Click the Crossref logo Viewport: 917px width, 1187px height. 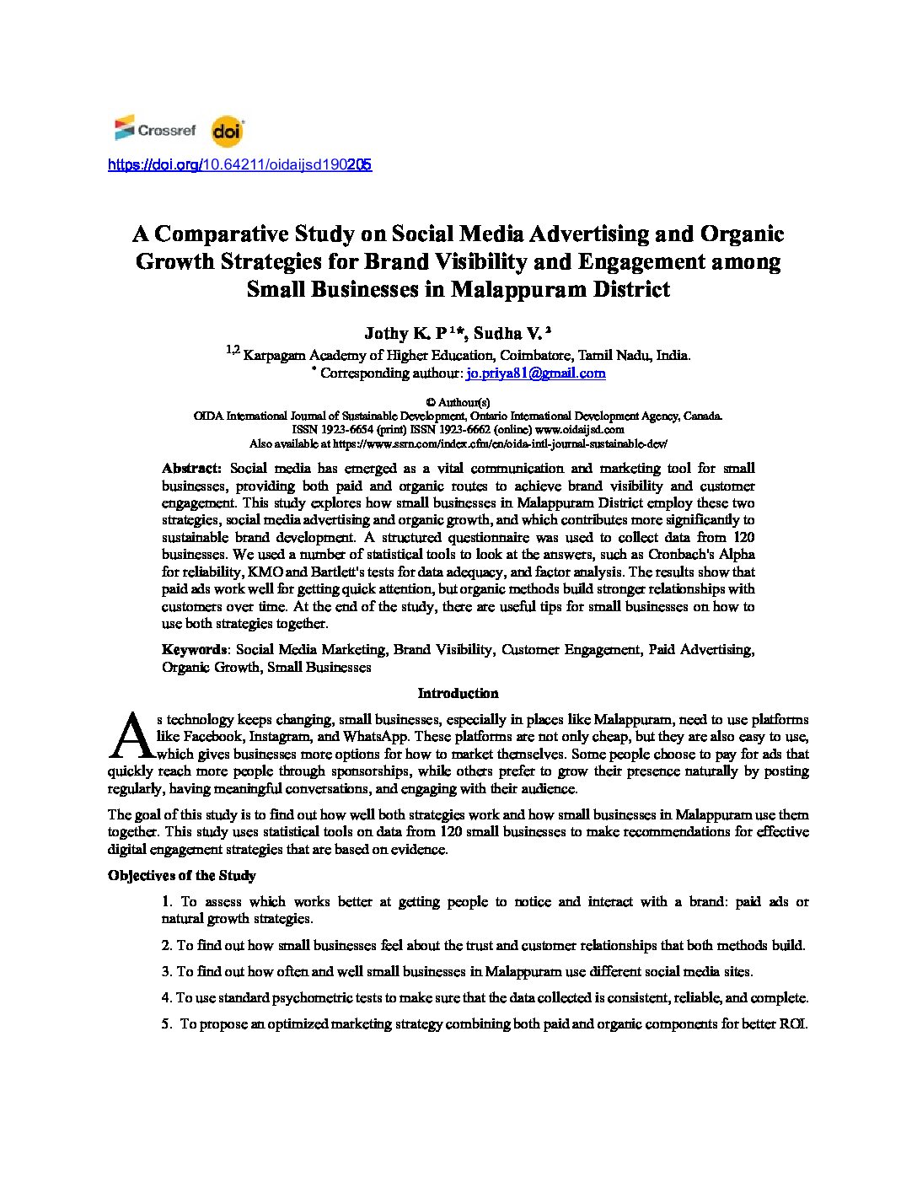(x=155, y=129)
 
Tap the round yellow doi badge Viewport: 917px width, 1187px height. (x=227, y=131)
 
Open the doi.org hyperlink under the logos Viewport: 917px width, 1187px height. (x=239, y=164)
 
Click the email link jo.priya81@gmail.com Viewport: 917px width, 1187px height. (x=536, y=373)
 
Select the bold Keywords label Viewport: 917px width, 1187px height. (x=194, y=649)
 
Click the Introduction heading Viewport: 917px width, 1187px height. (x=458, y=693)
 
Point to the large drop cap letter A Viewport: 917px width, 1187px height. (x=131, y=735)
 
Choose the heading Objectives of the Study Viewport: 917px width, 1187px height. (x=181, y=875)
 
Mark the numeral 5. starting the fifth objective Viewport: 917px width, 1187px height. (x=167, y=1023)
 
